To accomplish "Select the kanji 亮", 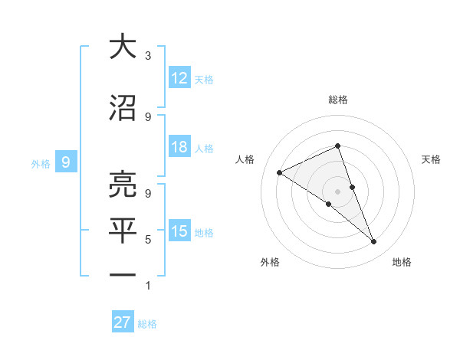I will coord(123,184).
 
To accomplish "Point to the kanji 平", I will coord(123,231).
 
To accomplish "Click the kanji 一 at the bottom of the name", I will coord(123,274).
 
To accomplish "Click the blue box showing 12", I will coord(179,78).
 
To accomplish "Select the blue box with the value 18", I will coord(179,147).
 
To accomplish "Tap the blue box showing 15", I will coord(179,231).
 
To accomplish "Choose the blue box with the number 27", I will coord(122,322).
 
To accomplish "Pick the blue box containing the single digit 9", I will coord(67,162).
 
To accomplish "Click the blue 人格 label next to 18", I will coord(204,148).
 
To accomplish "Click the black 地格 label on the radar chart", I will coord(402,263).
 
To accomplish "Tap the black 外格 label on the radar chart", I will coord(270,263).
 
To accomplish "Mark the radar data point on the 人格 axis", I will coord(280,172).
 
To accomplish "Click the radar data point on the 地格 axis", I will coord(374,242).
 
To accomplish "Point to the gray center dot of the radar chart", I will coord(337,191).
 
